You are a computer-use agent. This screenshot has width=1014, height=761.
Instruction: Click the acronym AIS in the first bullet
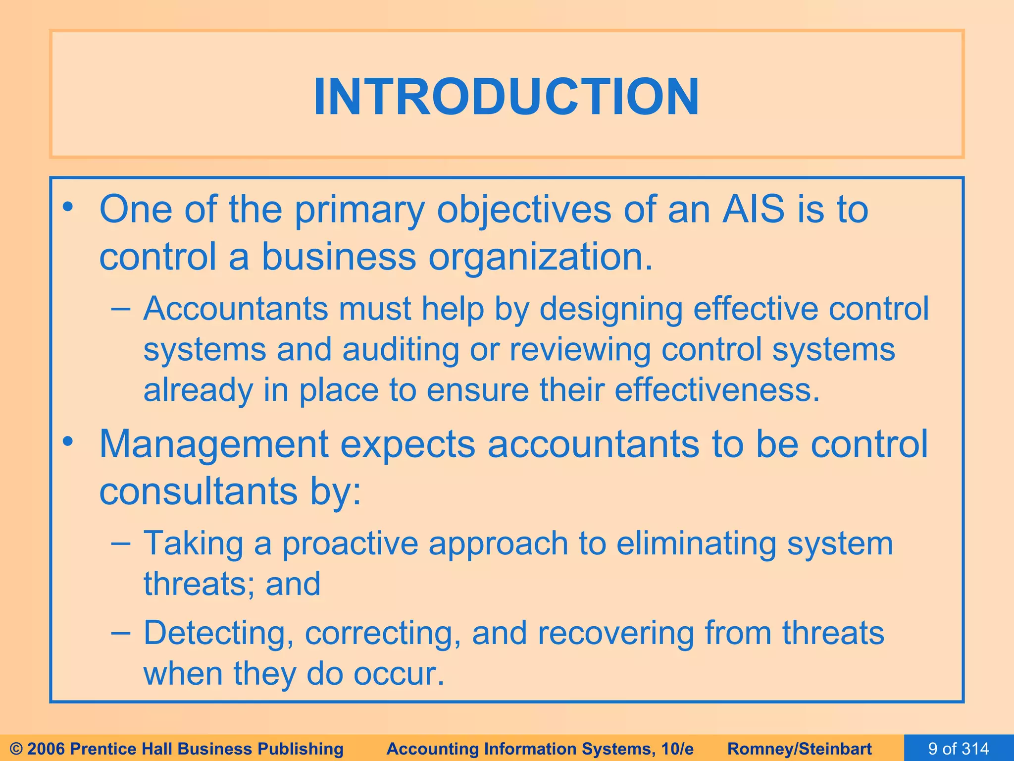click(x=753, y=210)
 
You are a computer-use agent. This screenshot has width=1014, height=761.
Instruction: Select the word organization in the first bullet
click(x=540, y=258)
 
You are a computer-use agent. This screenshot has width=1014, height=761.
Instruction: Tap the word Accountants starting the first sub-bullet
click(x=236, y=309)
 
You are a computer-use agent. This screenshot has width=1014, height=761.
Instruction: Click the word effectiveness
click(x=717, y=390)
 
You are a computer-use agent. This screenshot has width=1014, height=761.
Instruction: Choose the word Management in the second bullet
click(x=214, y=444)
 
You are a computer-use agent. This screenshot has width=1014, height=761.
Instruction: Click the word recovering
click(x=615, y=634)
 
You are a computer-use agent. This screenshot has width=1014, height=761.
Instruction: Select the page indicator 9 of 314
click(x=959, y=749)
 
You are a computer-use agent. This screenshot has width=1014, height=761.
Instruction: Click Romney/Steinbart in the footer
click(x=800, y=749)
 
